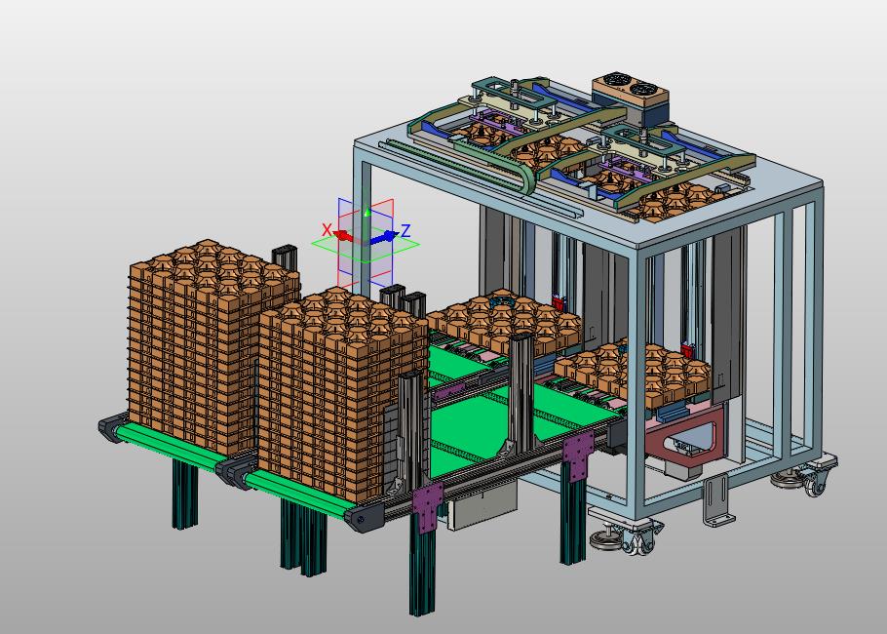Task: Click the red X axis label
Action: pos(327,230)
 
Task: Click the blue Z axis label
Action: pos(405,231)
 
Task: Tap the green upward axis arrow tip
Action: pos(367,213)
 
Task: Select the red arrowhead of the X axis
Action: pos(342,235)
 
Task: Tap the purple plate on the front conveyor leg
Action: pos(428,506)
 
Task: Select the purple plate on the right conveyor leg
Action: pos(578,455)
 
